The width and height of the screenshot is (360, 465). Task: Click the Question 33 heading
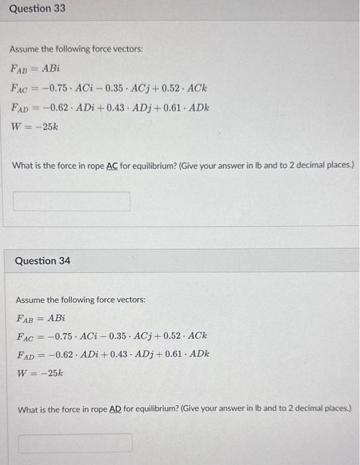(37, 9)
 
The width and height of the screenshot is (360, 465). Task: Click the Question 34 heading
(43, 261)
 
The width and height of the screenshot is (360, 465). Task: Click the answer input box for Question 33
(72, 201)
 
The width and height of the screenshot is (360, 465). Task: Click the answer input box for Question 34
(75, 442)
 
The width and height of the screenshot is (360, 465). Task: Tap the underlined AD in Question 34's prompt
(116, 410)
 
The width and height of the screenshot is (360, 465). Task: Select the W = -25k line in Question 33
(35, 126)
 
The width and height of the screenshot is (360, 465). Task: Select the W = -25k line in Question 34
(40, 373)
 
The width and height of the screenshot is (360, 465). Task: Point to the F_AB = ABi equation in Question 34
(41, 318)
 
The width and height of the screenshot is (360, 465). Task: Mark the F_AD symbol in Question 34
(25, 355)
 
